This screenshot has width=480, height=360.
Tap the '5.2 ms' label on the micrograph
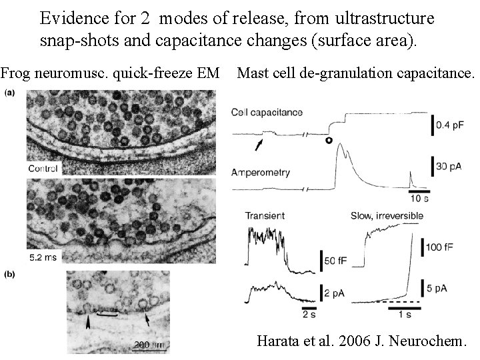pos(43,255)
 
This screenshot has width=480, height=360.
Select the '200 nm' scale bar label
pos(149,345)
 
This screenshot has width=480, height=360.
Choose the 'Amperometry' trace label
pos(261,172)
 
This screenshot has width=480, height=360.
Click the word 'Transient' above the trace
pos(266,215)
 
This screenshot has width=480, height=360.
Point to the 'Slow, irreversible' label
pos(383,215)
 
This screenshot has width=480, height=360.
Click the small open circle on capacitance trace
pos(328,140)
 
